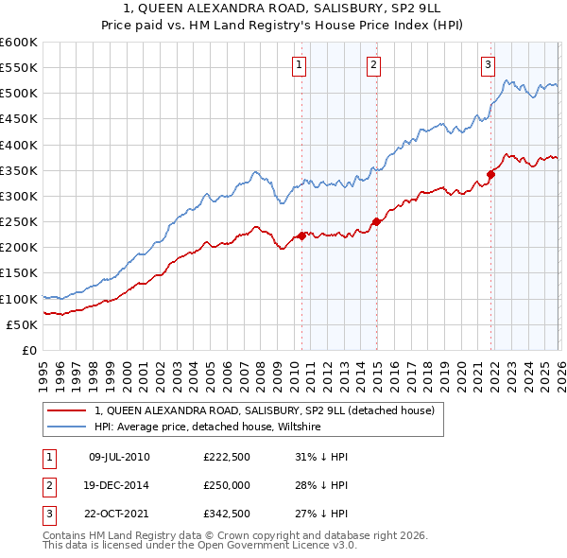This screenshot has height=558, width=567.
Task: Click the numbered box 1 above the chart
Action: pos(299,65)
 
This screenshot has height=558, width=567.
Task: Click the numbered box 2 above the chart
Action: pos(374,65)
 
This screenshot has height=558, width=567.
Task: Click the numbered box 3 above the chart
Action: pos(488,65)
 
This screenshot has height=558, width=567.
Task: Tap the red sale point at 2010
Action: pos(301,235)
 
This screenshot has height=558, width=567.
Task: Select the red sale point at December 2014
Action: pos(376,221)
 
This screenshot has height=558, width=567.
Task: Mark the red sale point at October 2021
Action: pos(491,174)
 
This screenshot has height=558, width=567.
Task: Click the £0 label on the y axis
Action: pos(28,350)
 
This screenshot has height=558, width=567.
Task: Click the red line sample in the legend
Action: pos(67,410)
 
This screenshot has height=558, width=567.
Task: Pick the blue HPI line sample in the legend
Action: pos(67,427)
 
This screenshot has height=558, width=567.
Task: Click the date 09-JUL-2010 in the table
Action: pos(119,457)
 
